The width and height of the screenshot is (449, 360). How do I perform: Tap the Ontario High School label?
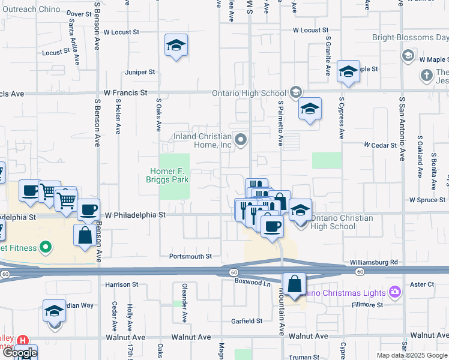249,93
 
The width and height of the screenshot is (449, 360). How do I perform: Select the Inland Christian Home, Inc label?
203,140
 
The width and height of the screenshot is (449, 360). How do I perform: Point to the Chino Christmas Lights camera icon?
395,292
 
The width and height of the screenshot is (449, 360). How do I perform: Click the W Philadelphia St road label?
135,214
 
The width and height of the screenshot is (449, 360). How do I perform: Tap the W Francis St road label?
125,93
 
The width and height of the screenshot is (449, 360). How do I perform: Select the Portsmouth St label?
191,256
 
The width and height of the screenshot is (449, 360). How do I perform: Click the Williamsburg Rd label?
374,263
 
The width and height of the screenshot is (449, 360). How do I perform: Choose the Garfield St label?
247,321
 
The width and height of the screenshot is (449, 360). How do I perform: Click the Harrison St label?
122,284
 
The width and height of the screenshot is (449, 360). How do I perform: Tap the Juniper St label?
140,72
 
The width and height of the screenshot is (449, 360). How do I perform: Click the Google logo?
19,353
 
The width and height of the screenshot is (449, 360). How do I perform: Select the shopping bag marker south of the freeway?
295,284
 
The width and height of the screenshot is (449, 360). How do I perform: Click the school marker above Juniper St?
176,45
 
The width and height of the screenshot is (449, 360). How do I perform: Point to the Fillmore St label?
367,305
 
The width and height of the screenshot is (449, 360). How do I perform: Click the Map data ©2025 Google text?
412,355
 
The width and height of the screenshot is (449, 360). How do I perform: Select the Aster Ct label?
423,284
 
